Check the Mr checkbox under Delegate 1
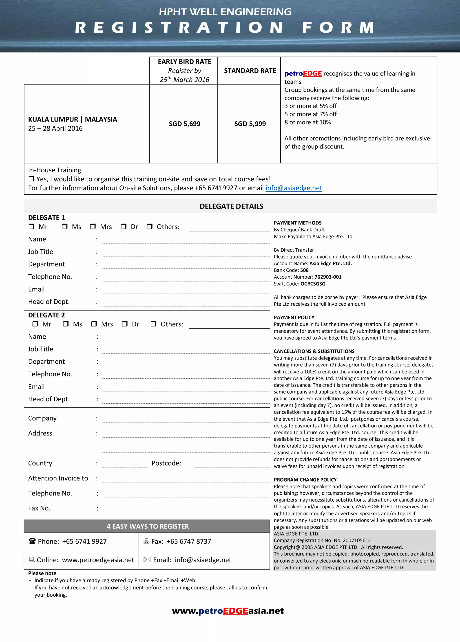tap(31, 226)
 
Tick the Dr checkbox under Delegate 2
tap(124, 324)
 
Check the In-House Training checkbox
tap(31, 179)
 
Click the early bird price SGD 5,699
tap(184, 124)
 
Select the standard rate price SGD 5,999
tap(250, 124)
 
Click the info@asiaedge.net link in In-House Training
tap(293, 188)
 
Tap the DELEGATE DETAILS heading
tap(231, 206)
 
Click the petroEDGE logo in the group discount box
tap(303, 74)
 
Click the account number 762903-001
tap(328, 277)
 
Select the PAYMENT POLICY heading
tap(294, 317)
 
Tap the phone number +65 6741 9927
tap(84, 541)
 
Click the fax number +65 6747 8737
tap(189, 541)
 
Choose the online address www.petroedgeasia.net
tap(98, 560)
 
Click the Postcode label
tap(166, 463)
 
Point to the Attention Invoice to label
tap(58, 478)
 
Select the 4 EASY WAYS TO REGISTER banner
tap(147, 526)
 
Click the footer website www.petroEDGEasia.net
tap(228, 611)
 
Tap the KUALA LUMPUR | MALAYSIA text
tap(72, 119)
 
